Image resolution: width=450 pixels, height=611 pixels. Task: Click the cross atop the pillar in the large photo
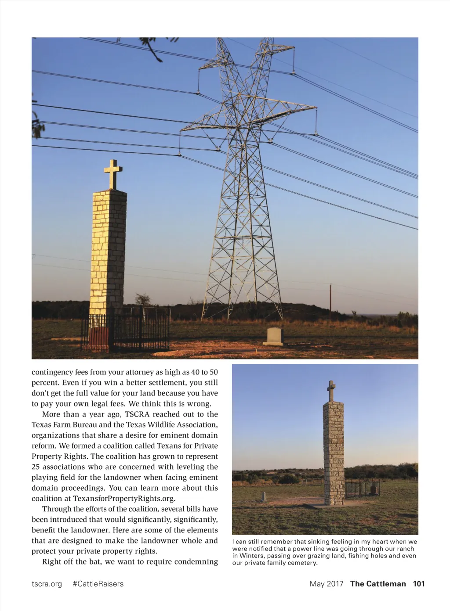[113, 173]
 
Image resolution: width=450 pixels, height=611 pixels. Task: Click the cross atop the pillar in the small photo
[331, 390]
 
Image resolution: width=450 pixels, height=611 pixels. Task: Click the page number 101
[419, 584]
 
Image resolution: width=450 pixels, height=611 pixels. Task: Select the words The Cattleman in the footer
[378, 584]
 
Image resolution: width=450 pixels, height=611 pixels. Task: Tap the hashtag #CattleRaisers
[98, 584]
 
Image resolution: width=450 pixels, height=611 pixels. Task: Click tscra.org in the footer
[47, 584]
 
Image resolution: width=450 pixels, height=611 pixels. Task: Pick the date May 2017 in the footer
[326, 584]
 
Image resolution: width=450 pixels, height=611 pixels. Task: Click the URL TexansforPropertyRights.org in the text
[124, 499]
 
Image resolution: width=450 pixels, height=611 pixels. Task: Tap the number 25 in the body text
[36, 467]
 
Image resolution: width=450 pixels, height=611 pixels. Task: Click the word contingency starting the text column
[52, 372]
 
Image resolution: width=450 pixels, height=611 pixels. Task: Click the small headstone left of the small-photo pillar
[264, 496]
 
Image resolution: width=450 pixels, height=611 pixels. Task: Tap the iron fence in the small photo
[361, 488]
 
